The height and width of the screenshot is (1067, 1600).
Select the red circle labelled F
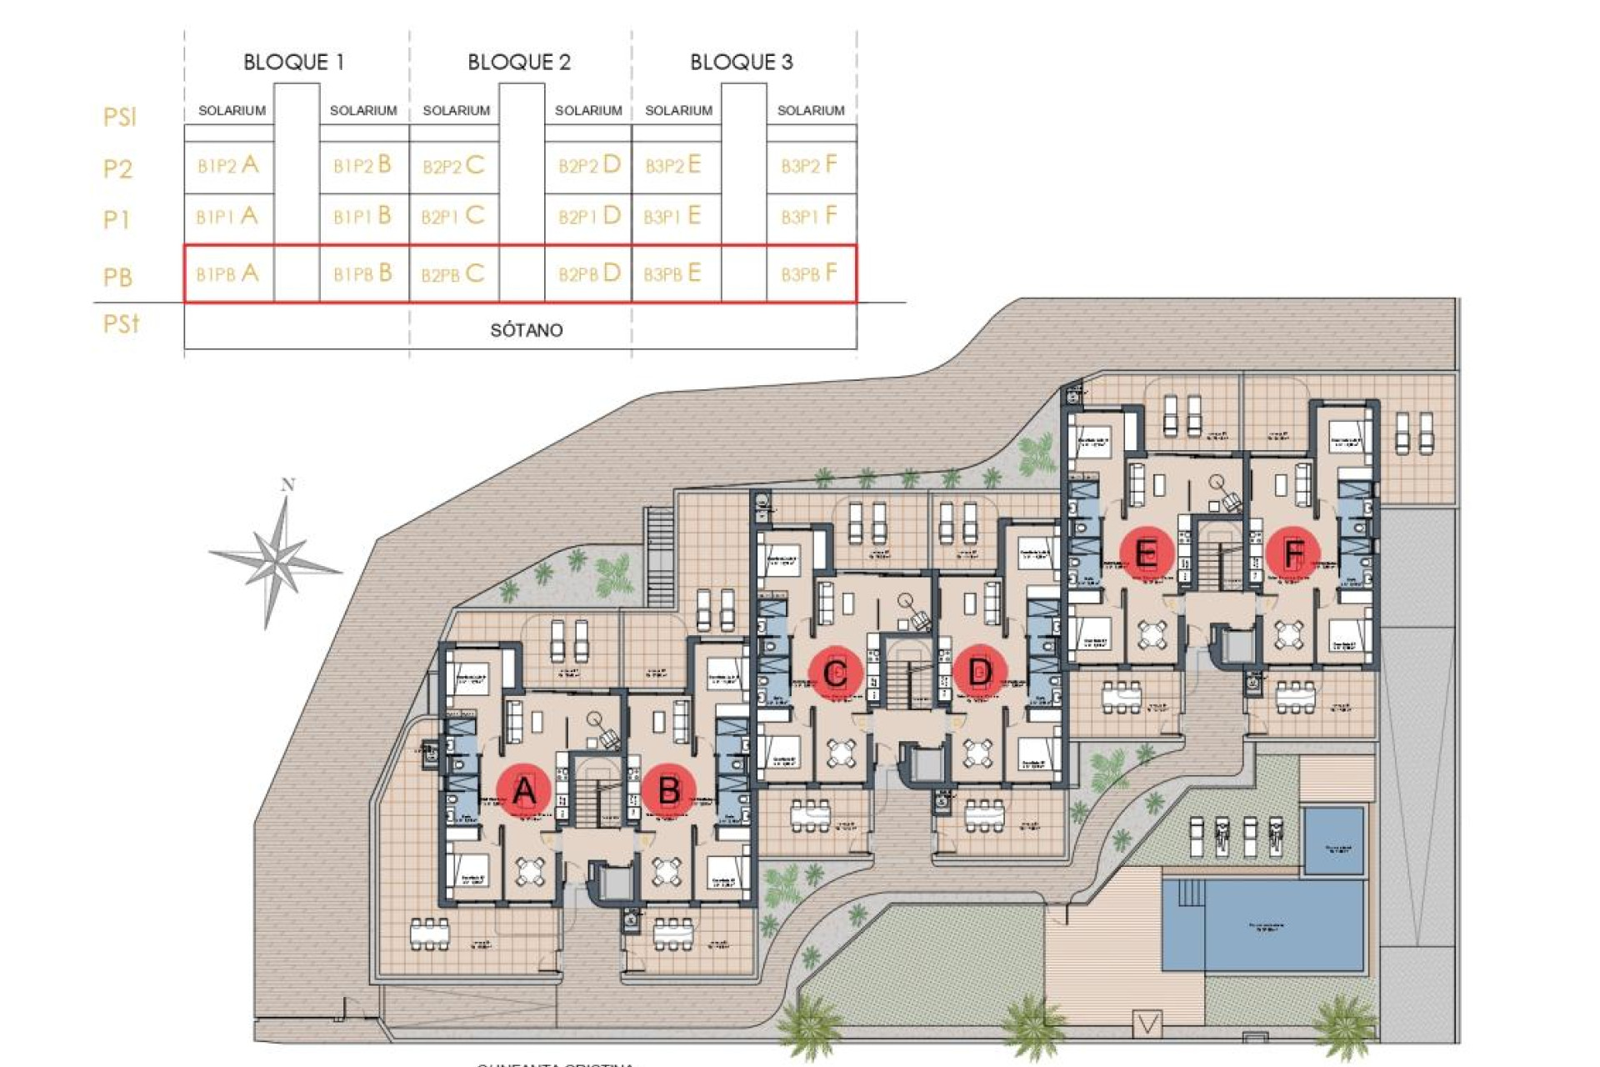click(1292, 553)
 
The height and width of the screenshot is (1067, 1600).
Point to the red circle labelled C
click(835, 672)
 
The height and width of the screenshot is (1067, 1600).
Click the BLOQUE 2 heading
click(518, 63)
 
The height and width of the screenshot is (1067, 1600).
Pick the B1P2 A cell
click(227, 165)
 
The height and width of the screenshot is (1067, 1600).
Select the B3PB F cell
click(808, 273)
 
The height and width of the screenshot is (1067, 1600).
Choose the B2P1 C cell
click(452, 217)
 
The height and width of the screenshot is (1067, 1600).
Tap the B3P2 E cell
click(672, 165)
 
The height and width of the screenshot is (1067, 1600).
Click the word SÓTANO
click(526, 331)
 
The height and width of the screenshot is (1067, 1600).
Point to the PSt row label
click(121, 323)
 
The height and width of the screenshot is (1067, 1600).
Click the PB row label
click(117, 277)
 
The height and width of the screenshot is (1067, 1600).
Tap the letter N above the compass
click(288, 485)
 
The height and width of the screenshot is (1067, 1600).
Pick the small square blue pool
click(1333, 840)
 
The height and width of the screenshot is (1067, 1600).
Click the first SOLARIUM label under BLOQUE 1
click(232, 111)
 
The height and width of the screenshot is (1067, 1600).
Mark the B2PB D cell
click(588, 273)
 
